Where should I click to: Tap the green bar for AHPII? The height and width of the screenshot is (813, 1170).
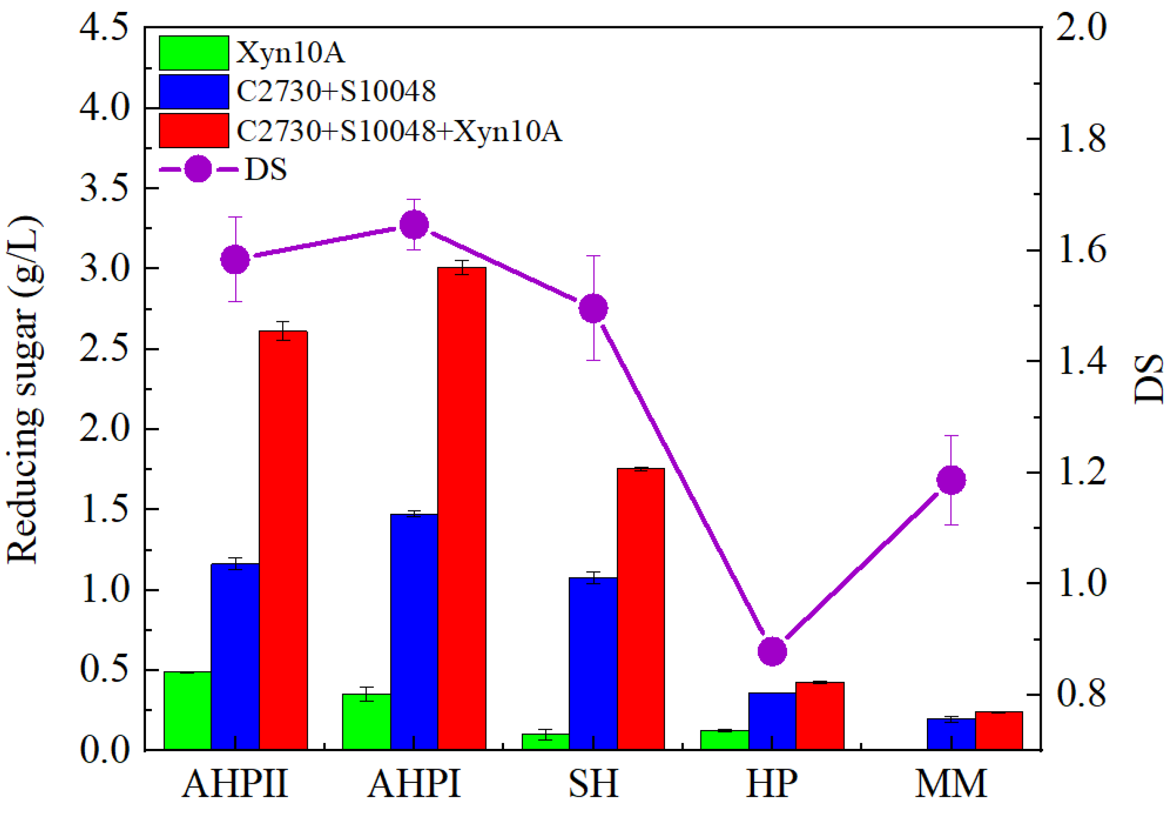click(x=187, y=711)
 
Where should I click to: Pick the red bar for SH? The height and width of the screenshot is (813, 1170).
click(x=641, y=609)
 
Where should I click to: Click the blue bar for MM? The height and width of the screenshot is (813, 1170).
click(x=951, y=734)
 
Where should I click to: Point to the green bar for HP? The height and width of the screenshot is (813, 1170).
click(x=724, y=739)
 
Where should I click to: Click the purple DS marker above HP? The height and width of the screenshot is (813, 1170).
click(x=772, y=651)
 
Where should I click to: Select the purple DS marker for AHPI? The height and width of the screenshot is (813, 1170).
click(x=414, y=225)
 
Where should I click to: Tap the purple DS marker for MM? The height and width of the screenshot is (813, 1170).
click(x=951, y=479)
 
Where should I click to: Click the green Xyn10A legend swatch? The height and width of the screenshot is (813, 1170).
click(x=194, y=52)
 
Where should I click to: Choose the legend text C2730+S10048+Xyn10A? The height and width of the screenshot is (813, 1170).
click(x=400, y=131)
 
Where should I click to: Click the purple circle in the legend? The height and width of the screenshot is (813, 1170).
click(x=197, y=169)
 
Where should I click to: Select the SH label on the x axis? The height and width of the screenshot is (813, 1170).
click(x=593, y=783)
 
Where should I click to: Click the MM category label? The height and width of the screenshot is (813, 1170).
click(x=951, y=783)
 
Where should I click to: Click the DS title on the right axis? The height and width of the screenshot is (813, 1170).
click(x=1149, y=380)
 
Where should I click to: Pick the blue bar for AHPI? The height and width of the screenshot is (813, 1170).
click(x=414, y=632)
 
